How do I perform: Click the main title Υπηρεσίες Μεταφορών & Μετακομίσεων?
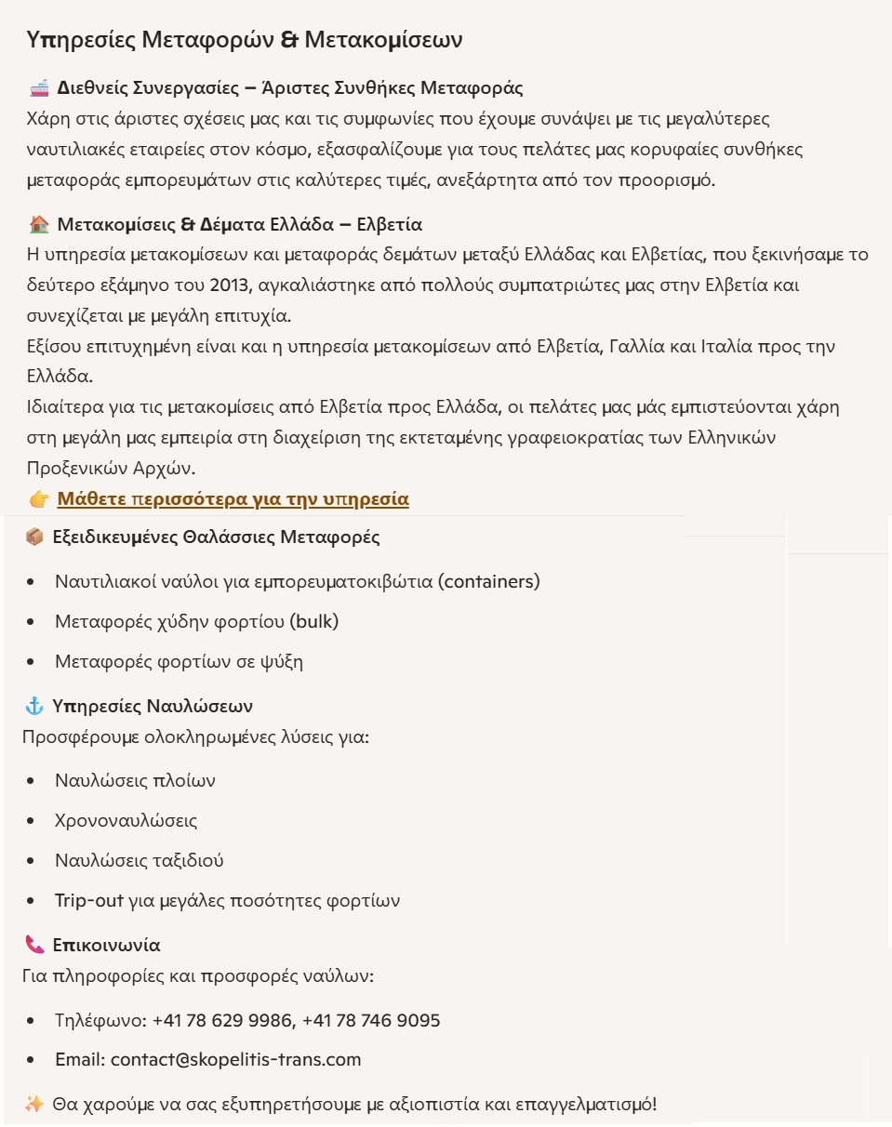(x=245, y=40)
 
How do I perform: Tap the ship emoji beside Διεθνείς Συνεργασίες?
(x=39, y=89)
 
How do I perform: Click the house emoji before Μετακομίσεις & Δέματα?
(x=39, y=225)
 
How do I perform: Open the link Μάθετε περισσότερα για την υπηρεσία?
(x=233, y=499)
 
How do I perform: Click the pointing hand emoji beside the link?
(x=39, y=500)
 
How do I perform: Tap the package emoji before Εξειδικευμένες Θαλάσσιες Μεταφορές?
(x=34, y=537)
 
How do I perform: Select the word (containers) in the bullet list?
(x=489, y=582)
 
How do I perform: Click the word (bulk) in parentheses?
(x=313, y=622)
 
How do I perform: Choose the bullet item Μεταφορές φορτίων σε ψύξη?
(x=179, y=662)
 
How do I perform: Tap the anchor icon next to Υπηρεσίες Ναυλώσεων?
(x=34, y=707)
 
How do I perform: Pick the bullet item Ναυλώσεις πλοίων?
(x=135, y=780)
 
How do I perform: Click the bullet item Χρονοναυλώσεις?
(x=126, y=821)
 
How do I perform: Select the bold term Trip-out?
(x=89, y=901)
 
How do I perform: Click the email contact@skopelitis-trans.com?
(x=235, y=1060)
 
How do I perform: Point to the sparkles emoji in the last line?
(x=34, y=1106)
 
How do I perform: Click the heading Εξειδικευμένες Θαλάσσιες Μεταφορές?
(x=216, y=537)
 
